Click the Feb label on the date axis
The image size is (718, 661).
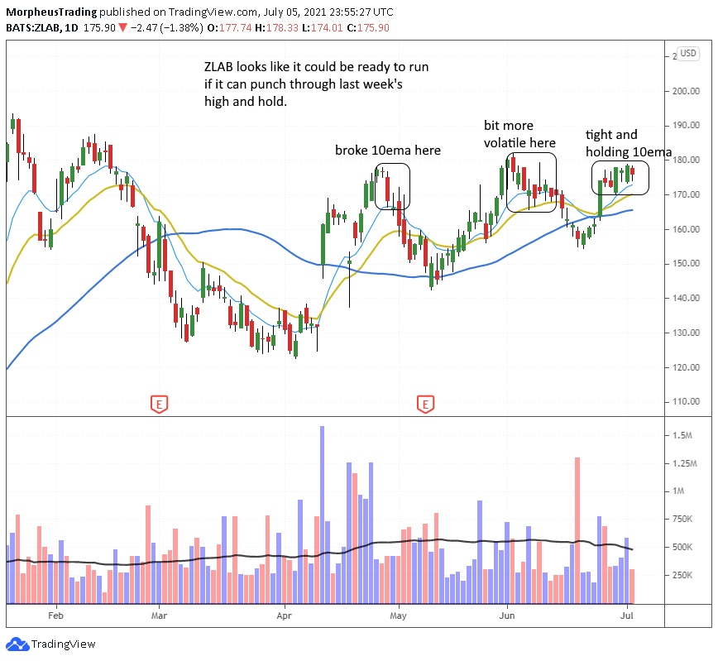click(55, 615)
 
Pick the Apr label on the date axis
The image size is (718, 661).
click(285, 615)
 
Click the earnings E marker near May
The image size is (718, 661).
click(425, 404)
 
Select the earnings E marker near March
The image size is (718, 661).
click(158, 404)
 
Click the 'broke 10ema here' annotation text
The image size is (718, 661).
click(388, 151)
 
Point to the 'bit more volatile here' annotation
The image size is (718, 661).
click(519, 133)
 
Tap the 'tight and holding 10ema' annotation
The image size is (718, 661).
click(628, 143)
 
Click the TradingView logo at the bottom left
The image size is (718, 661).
click(52, 644)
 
